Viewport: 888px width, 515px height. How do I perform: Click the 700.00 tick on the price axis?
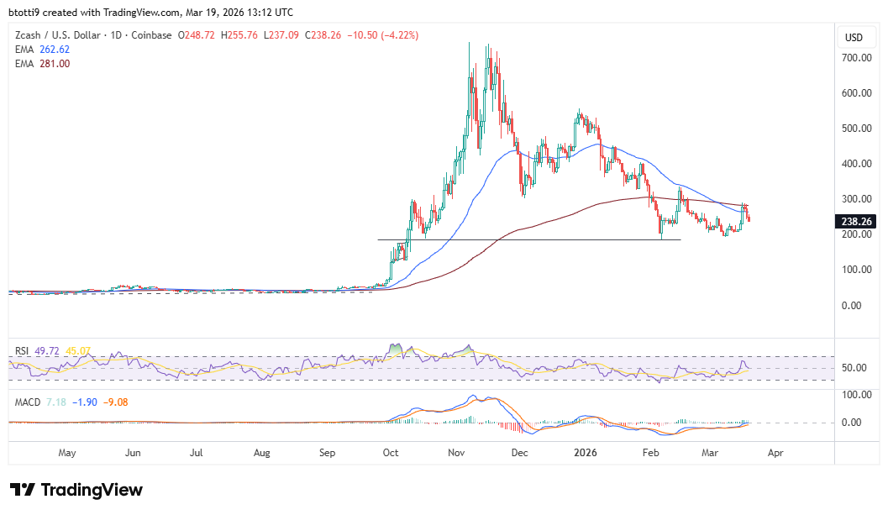tap(856, 58)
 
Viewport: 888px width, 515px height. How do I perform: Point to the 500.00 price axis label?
tap(856, 129)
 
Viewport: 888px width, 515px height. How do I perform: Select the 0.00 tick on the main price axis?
tap(856, 305)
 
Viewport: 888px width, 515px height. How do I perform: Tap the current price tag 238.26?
tap(856, 222)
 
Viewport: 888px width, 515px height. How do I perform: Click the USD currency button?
tap(854, 37)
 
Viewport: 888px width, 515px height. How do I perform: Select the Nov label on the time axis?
tap(456, 453)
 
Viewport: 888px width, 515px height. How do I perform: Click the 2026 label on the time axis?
tap(585, 453)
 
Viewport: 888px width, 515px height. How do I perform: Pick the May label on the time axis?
tap(67, 453)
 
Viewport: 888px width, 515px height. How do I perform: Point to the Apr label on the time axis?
tap(775, 453)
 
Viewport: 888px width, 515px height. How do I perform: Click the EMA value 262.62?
tap(56, 49)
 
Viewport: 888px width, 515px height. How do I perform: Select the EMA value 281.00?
tap(56, 62)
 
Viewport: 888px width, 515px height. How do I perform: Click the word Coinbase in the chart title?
tap(152, 35)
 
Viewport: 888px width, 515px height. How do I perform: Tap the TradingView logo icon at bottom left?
tap(23, 490)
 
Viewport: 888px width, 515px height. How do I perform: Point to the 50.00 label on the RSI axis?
tap(856, 368)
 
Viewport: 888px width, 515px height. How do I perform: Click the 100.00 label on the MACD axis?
tap(856, 394)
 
